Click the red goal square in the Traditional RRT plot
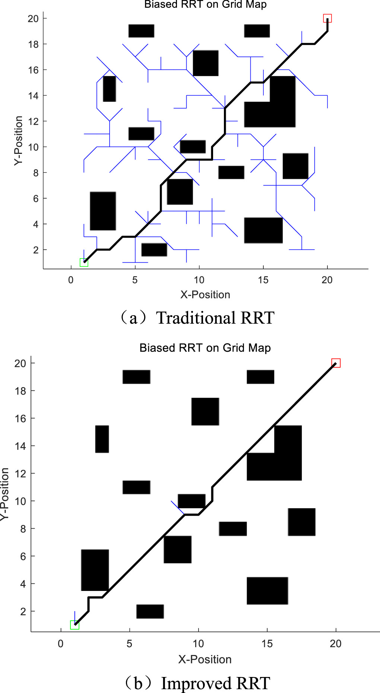tap(327, 18)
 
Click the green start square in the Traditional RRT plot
tap(84, 262)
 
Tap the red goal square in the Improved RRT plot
tap(336, 363)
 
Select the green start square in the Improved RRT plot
tap(75, 625)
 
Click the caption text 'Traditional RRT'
tap(215, 318)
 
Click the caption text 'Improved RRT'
tap(215, 683)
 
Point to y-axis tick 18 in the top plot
tap(33, 44)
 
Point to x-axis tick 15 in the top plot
tap(263, 280)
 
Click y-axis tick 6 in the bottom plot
tap(23, 556)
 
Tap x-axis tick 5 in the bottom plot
tap(129, 644)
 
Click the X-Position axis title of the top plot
tap(205, 295)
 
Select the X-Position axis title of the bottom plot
tap(205, 659)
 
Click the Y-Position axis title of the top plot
tap(19, 140)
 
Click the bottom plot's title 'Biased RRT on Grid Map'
tap(205, 348)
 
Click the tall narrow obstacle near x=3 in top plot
tap(110, 89)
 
